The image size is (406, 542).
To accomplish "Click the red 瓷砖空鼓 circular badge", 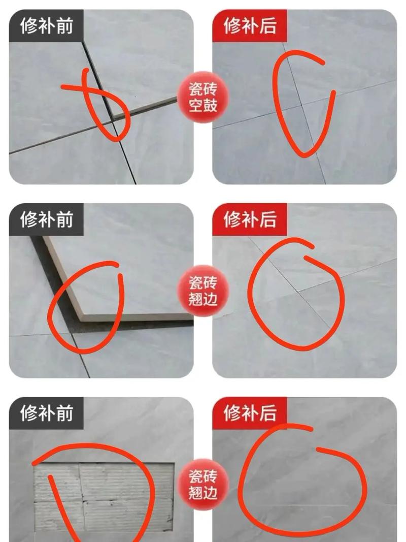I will pyautogui.click(x=203, y=97).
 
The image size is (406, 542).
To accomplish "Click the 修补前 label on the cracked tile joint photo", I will pyautogui.click(x=46, y=25).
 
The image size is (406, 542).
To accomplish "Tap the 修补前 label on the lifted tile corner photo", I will pyautogui.click(x=46, y=219).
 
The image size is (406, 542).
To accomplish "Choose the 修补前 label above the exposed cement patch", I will pyautogui.click(x=46, y=412).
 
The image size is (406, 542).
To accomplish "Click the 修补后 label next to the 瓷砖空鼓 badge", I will pyautogui.click(x=250, y=25).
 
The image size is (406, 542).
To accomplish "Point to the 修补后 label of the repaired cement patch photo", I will pyautogui.click(x=250, y=412).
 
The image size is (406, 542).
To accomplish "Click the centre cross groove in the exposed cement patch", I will pyautogui.click(x=81, y=501).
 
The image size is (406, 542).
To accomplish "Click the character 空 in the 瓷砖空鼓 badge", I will pyautogui.click(x=196, y=106).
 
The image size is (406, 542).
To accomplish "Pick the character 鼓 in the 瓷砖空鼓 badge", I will pyautogui.click(x=210, y=106).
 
